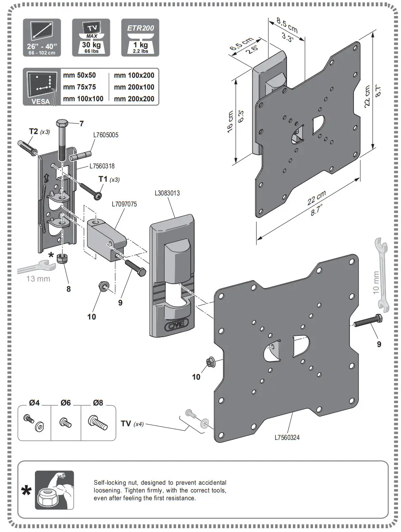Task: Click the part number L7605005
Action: click(x=106, y=135)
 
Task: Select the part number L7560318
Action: click(x=102, y=166)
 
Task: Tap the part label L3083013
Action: click(x=167, y=193)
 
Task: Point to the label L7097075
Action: click(x=124, y=204)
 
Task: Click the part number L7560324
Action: click(x=287, y=437)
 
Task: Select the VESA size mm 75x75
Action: click(x=80, y=87)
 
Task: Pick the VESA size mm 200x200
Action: click(x=134, y=99)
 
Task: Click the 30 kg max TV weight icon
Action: click(x=91, y=38)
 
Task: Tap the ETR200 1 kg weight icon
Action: click(x=141, y=38)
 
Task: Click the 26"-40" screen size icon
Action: click(x=41, y=38)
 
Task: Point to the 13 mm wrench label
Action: click(x=38, y=279)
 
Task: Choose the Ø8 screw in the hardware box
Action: click(x=96, y=422)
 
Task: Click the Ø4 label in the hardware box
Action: click(x=34, y=403)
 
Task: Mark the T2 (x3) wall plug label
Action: click(x=39, y=131)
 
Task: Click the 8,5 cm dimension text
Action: click(x=287, y=25)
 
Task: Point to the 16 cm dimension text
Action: click(x=230, y=122)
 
